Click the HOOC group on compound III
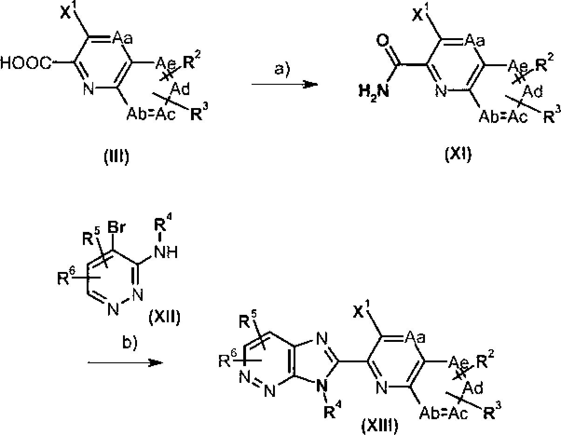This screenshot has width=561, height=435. coord(26,63)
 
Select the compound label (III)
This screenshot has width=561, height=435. coord(116,156)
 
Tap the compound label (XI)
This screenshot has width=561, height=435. coord(458,154)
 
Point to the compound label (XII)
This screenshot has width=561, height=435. coord(164,317)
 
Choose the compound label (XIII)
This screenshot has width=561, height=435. coord(380,426)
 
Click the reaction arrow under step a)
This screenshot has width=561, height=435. coord(285,84)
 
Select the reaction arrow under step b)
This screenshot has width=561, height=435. coord(125,363)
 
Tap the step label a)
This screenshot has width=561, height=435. coord(282,69)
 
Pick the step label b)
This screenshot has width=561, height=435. coord(130,343)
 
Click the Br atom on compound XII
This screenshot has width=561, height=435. coord(116,228)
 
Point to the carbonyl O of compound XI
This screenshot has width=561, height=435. coord(383,41)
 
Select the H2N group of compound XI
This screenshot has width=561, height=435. coord(374,92)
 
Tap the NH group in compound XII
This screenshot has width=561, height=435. coord(166,252)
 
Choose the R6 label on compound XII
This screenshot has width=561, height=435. coord(66,276)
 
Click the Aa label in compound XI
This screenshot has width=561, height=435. coord(475,41)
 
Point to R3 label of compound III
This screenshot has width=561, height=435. coord(199,111)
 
